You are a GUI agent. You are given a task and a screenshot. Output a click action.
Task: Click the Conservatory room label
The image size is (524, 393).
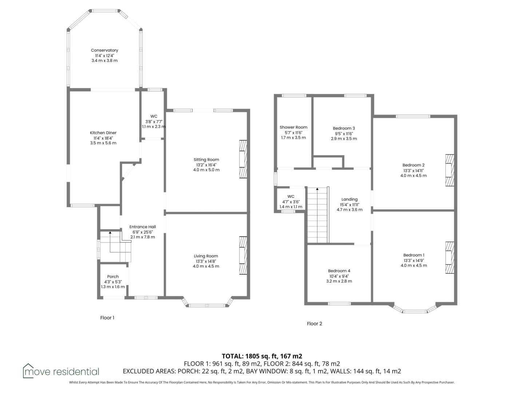pyautogui.click(x=104, y=50)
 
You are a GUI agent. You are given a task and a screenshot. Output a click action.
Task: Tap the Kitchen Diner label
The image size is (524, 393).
pyautogui.click(x=103, y=133)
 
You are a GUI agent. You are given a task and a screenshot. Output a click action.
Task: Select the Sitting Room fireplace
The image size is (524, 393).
pyautogui.click(x=243, y=159)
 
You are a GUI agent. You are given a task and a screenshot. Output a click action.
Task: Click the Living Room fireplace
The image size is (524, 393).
pyautogui.click(x=243, y=255)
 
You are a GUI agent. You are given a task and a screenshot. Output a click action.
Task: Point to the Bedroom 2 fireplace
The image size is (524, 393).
pyautogui.click(x=449, y=170)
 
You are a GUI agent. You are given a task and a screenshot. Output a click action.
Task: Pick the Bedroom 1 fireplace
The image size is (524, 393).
pyautogui.click(x=449, y=258)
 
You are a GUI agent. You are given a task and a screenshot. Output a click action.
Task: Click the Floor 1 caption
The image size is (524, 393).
pyautogui.click(x=107, y=318)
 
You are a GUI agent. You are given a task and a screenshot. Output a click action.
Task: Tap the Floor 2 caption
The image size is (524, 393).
pyautogui.click(x=314, y=324)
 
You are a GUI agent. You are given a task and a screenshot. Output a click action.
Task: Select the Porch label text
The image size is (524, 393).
pyautogui.click(x=113, y=277)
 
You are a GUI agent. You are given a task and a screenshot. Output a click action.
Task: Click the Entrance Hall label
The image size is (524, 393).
pyautogui.click(x=143, y=227)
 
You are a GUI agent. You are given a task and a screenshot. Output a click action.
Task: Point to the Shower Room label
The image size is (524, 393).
pyautogui.click(x=293, y=127)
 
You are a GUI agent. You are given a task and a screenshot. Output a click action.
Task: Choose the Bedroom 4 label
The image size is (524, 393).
pyautogui.click(x=339, y=271)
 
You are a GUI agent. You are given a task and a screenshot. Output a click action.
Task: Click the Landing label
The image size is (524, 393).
pyautogui.click(x=349, y=199)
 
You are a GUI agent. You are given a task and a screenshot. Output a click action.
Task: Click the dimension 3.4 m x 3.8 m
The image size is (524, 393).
pyautogui.click(x=104, y=61)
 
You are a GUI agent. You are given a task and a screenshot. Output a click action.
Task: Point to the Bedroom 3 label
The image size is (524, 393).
pyautogui.click(x=344, y=128)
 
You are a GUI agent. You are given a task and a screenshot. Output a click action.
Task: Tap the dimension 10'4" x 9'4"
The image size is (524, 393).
pyautogui.click(x=339, y=276)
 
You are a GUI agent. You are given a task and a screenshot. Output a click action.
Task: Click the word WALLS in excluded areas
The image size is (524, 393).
pyautogui.click(x=328, y=371)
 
